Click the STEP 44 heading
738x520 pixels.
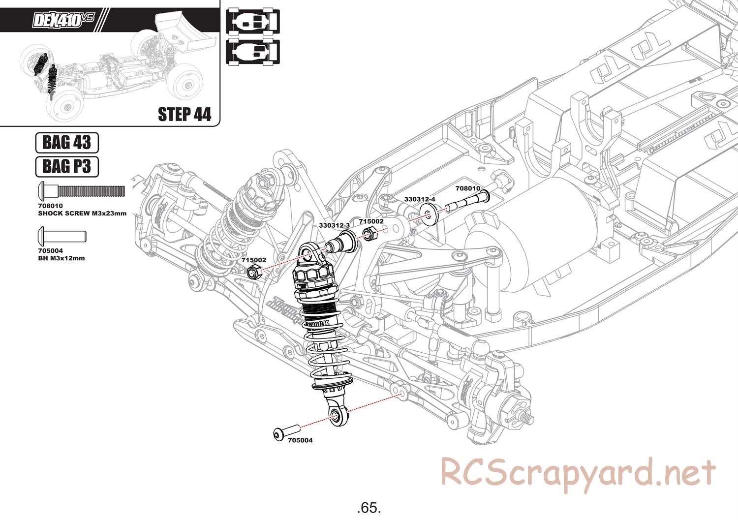[184, 114]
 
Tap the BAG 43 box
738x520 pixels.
[67, 143]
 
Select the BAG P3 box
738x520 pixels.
[67, 167]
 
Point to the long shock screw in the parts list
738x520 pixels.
[81, 190]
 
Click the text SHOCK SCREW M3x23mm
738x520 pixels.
[82, 214]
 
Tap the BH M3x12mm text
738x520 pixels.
[61, 258]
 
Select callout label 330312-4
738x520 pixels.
[420, 199]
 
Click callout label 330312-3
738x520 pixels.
[334, 225]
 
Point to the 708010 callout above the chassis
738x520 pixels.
[467, 188]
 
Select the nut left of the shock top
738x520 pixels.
[254, 271]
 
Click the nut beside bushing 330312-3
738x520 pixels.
[369, 233]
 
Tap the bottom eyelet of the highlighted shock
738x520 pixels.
[336, 416]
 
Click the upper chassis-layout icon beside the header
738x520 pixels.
[252, 22]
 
